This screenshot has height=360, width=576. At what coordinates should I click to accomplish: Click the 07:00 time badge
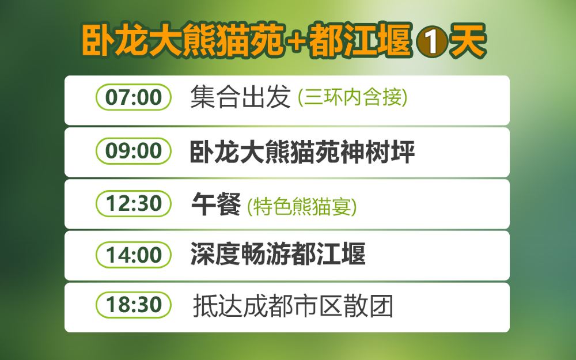pos(134,97)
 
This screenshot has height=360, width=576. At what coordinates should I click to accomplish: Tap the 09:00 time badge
pos(134,150)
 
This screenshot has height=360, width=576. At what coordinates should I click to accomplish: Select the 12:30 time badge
pos(134,203)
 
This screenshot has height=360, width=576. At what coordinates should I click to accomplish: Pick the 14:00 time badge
pos(134,255)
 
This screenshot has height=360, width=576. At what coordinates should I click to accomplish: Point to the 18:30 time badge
pos(134,305)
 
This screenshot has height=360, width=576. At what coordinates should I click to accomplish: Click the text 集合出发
pos(241,97)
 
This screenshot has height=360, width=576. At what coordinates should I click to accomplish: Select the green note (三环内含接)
pos(353,97)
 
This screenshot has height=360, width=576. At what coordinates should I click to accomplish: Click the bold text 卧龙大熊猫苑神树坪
pos(302,151)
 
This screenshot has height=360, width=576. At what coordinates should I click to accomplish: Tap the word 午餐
pos(216,204)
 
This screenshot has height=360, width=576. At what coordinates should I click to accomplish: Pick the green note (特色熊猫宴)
pos(302,206)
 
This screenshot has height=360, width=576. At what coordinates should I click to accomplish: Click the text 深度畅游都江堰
pos(278,254)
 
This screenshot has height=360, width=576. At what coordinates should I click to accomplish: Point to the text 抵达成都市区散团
pos(293,306)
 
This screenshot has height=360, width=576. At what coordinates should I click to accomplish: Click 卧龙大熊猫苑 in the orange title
pos(183,41)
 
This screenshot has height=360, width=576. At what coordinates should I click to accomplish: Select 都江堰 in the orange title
pos(361,41)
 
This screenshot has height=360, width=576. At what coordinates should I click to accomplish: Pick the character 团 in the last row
pos(381,306)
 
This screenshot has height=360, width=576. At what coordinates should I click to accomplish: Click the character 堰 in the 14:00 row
pos(354,254)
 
